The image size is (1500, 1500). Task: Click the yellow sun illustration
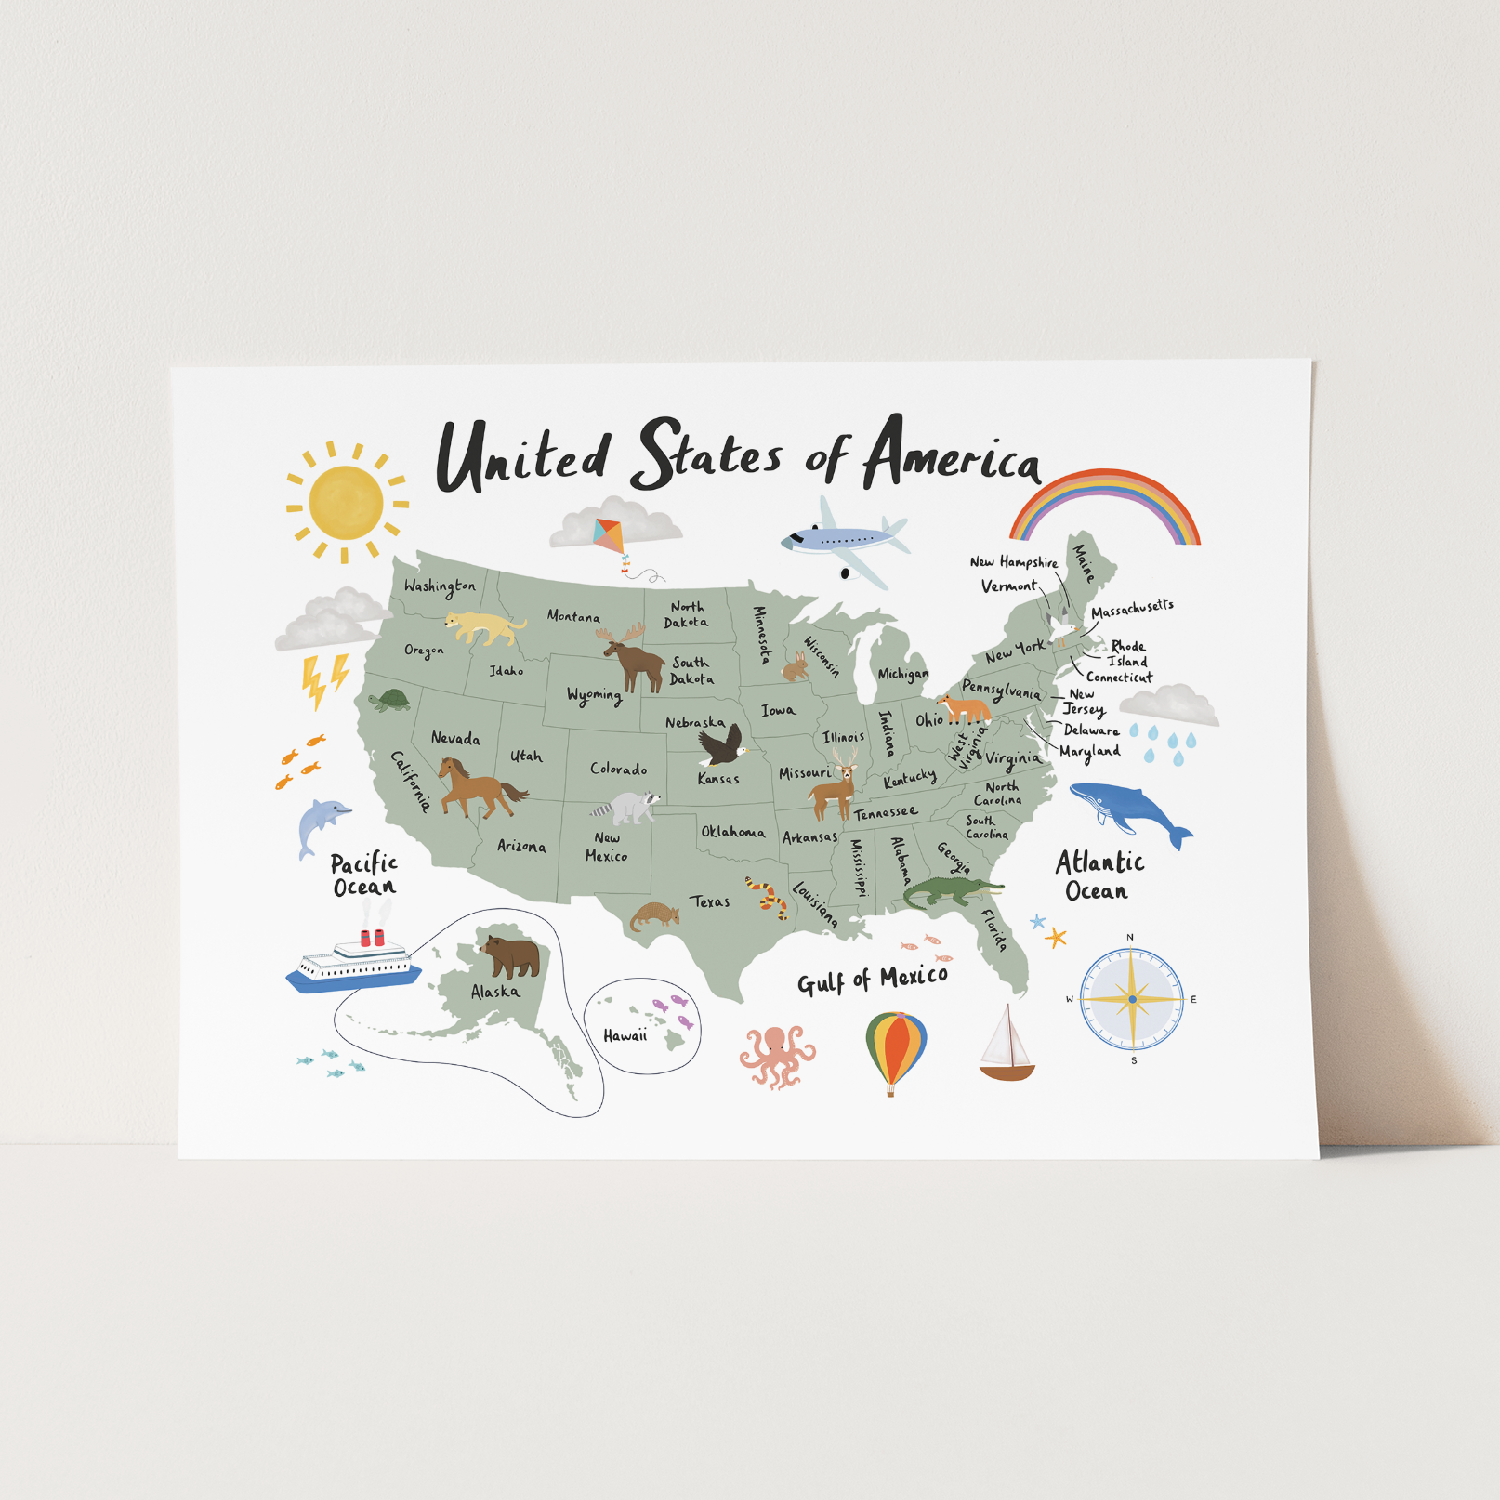tap(346, 503)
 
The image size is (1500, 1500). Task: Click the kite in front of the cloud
tap(610, 534)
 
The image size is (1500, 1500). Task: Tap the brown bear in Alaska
tap(512, 955)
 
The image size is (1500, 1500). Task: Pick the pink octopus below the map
tap(777, 1055)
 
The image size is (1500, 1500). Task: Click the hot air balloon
tap(896, 1051)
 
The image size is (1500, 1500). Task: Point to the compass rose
tap(1132, 1000)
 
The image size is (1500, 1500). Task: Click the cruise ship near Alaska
tap(354, 961)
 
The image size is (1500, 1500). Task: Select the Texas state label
tap(710, 901)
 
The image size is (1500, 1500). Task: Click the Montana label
tap(572, 615)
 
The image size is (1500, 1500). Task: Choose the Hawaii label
tap(625, 1035)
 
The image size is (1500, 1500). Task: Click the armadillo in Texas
tap(654, 915)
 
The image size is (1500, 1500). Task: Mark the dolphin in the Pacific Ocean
tap(321, 823)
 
